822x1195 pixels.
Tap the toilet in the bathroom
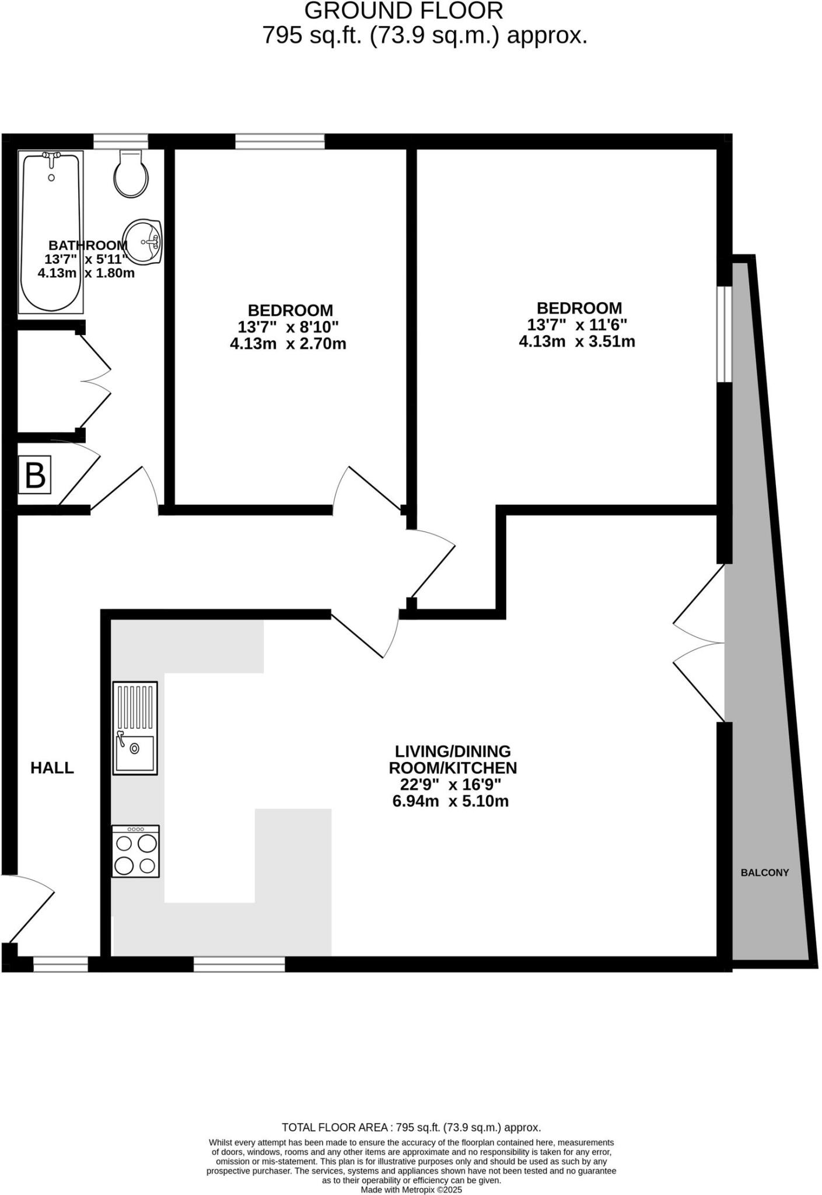click(x=131, y=174)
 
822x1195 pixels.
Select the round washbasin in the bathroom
click(x=142, y=241)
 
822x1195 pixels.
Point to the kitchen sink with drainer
click(x=135, y=728)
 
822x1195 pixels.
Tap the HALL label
click(x=52, y=768)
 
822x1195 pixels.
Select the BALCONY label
click(x=764, y=873)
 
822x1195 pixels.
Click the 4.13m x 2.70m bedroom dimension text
click(x=288, y=344)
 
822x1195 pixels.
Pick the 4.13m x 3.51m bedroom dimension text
click(x=576, y=341)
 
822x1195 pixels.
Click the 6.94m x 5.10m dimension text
click(x=450, y=801)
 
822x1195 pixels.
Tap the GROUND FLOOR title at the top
click(x=403, y=11)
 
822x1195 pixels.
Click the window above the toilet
click(x=121, y=141)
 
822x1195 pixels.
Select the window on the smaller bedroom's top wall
click(x=279, y=141)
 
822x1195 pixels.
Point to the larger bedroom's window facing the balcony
click(x=724, y=334)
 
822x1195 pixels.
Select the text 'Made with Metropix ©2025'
click(x=411, y=1190)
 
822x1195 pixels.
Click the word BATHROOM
click(x=88, y=246)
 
